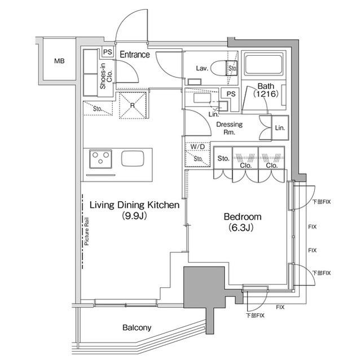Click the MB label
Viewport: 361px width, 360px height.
59,61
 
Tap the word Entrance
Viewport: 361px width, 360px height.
135,55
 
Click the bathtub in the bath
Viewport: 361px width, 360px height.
264,64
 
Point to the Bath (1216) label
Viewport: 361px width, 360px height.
266,90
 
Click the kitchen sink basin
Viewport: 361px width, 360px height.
133,158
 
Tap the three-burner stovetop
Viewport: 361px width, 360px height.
100,159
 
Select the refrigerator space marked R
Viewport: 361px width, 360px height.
133,105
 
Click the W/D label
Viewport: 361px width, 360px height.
197,146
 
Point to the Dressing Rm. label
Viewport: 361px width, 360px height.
230,128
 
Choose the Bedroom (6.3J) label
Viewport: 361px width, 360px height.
242,222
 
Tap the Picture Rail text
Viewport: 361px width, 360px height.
86,231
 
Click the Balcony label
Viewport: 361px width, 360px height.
137,327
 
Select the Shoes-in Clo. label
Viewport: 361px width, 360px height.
106,76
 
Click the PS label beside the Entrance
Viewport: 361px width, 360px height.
108,52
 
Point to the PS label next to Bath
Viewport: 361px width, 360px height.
231,94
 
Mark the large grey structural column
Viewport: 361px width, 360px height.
204,287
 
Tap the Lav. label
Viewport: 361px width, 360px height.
202,68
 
